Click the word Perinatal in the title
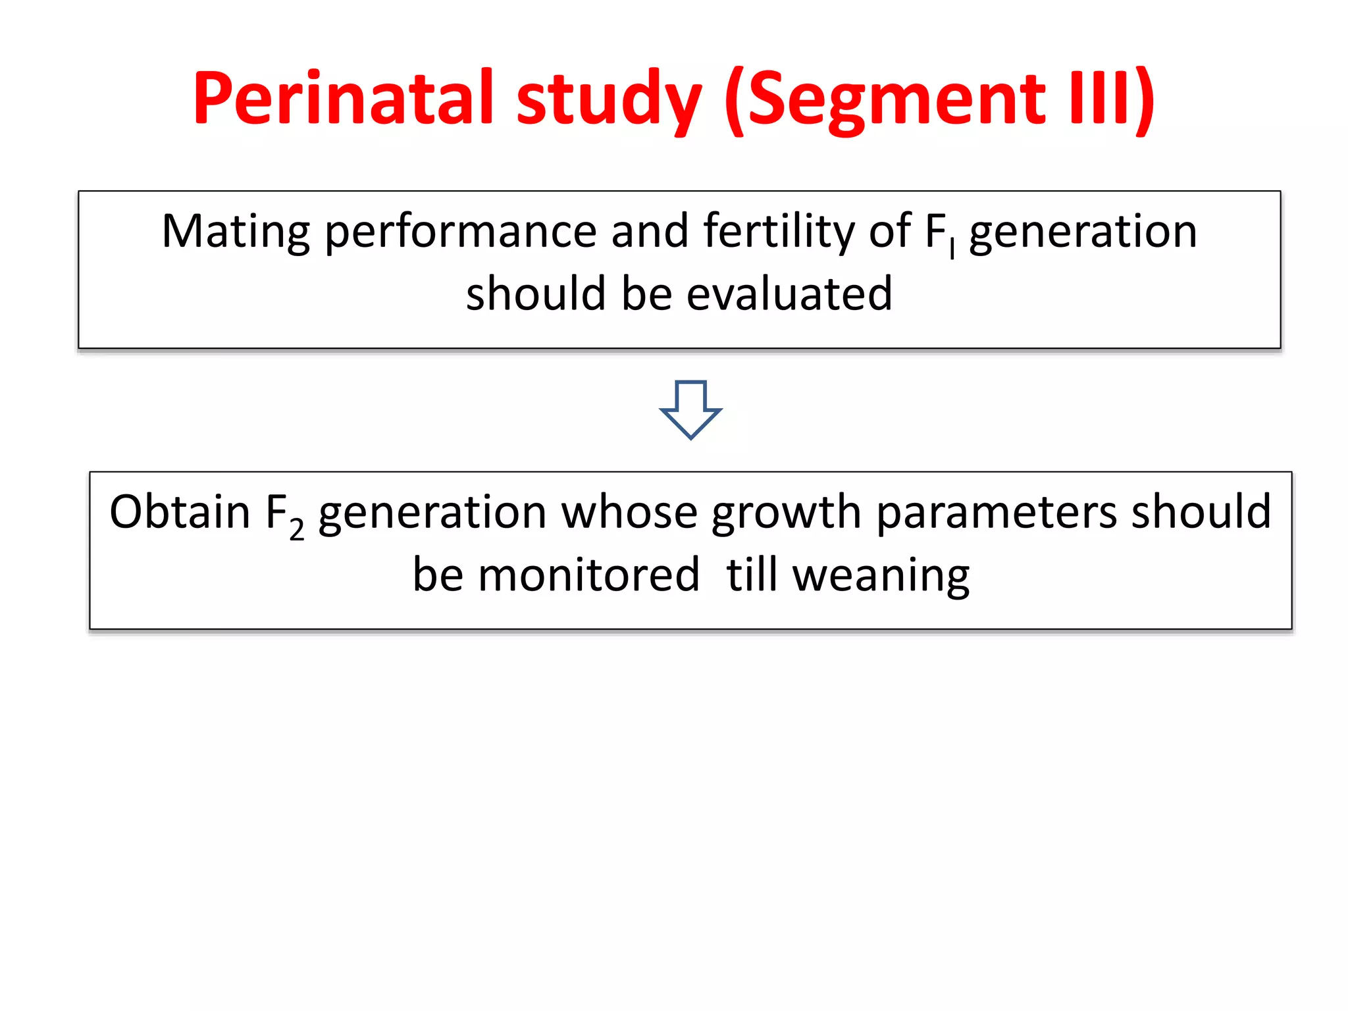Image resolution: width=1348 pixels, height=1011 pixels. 343,99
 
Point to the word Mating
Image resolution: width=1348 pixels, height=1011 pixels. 236,233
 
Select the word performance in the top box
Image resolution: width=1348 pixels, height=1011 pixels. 461,233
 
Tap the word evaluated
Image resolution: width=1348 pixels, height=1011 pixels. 789,294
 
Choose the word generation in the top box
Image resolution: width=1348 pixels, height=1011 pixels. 1083,233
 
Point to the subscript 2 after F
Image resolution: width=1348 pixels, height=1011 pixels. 297,529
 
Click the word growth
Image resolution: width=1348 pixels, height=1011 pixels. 786,513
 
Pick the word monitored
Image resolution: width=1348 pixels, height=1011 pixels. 588,575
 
